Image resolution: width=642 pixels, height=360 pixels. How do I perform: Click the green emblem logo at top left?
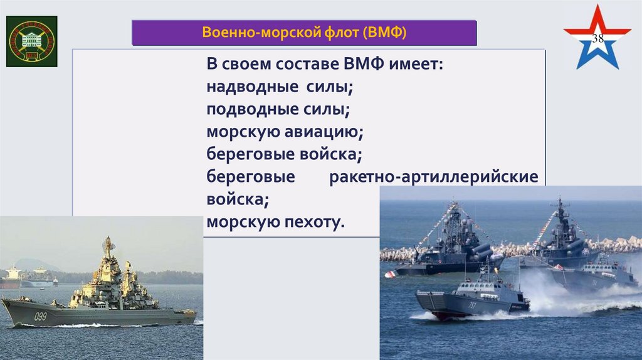click(31, 41)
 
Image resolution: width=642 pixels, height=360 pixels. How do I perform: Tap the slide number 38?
click(598, 39)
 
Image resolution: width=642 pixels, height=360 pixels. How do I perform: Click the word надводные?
click(246, 87)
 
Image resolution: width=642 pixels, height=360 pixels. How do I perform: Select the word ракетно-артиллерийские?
click(433, 177)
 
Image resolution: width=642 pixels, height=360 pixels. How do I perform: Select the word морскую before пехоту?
click(241, 222)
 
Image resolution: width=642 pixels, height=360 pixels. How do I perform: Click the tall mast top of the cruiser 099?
click(108, 241)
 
